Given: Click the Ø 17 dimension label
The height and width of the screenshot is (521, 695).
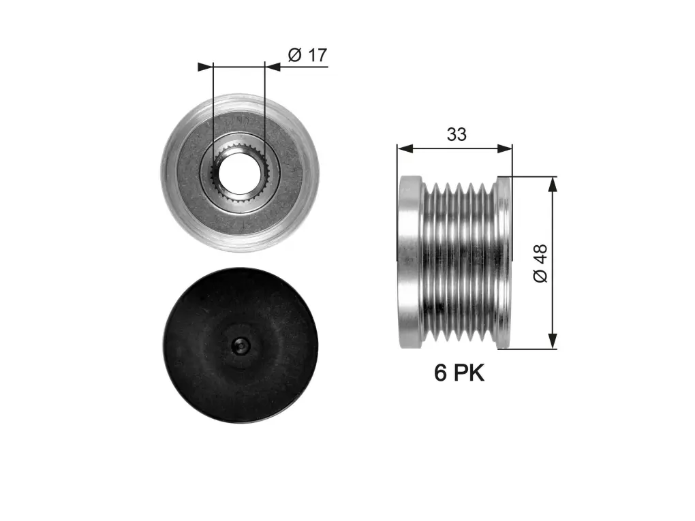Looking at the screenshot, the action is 307,55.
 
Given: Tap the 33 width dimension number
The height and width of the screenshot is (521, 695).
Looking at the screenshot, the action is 457,134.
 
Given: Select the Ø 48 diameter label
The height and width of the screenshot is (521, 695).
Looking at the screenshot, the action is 540,263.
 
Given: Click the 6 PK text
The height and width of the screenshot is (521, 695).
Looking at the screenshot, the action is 459,373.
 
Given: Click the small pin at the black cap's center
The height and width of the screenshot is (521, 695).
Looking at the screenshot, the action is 240,345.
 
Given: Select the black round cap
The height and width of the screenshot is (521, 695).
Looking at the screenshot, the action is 241,345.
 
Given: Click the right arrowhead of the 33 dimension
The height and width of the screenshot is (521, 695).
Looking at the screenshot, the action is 504,149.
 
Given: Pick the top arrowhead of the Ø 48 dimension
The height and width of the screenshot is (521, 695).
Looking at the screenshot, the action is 553,185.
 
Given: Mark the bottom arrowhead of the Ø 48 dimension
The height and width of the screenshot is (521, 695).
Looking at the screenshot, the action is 553,341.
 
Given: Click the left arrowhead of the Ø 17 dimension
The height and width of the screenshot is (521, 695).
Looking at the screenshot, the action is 205,67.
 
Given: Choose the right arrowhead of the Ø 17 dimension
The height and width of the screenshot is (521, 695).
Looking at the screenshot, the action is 273,67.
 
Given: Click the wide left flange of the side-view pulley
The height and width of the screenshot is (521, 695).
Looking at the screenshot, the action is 410,262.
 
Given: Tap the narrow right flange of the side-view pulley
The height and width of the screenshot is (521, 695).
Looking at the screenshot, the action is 504,262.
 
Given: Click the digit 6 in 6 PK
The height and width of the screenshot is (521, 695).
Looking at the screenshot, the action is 440,373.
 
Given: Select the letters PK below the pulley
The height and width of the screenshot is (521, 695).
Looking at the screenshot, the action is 469,373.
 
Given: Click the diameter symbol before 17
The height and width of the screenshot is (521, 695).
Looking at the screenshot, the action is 295,55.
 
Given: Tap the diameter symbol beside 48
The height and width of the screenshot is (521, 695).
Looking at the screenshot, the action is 540,276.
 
